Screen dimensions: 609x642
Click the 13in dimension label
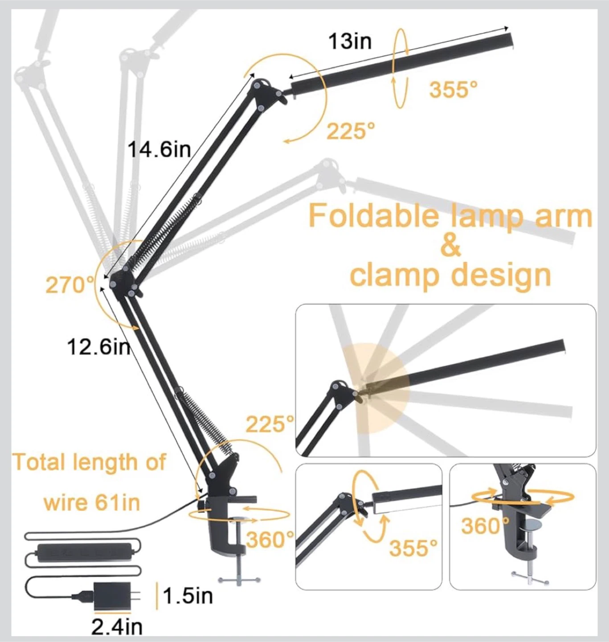[350, 41]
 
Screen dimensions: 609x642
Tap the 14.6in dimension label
[159, 149]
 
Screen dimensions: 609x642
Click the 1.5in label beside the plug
[188, 596]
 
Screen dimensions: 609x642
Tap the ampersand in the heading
[450, 246]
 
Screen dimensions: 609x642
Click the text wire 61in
[92, 502]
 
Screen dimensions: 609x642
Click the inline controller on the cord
[78, 552]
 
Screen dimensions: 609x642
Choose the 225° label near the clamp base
[270, 424]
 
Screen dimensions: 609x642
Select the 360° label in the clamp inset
[485, 526]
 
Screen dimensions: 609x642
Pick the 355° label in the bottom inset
[413, 547]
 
